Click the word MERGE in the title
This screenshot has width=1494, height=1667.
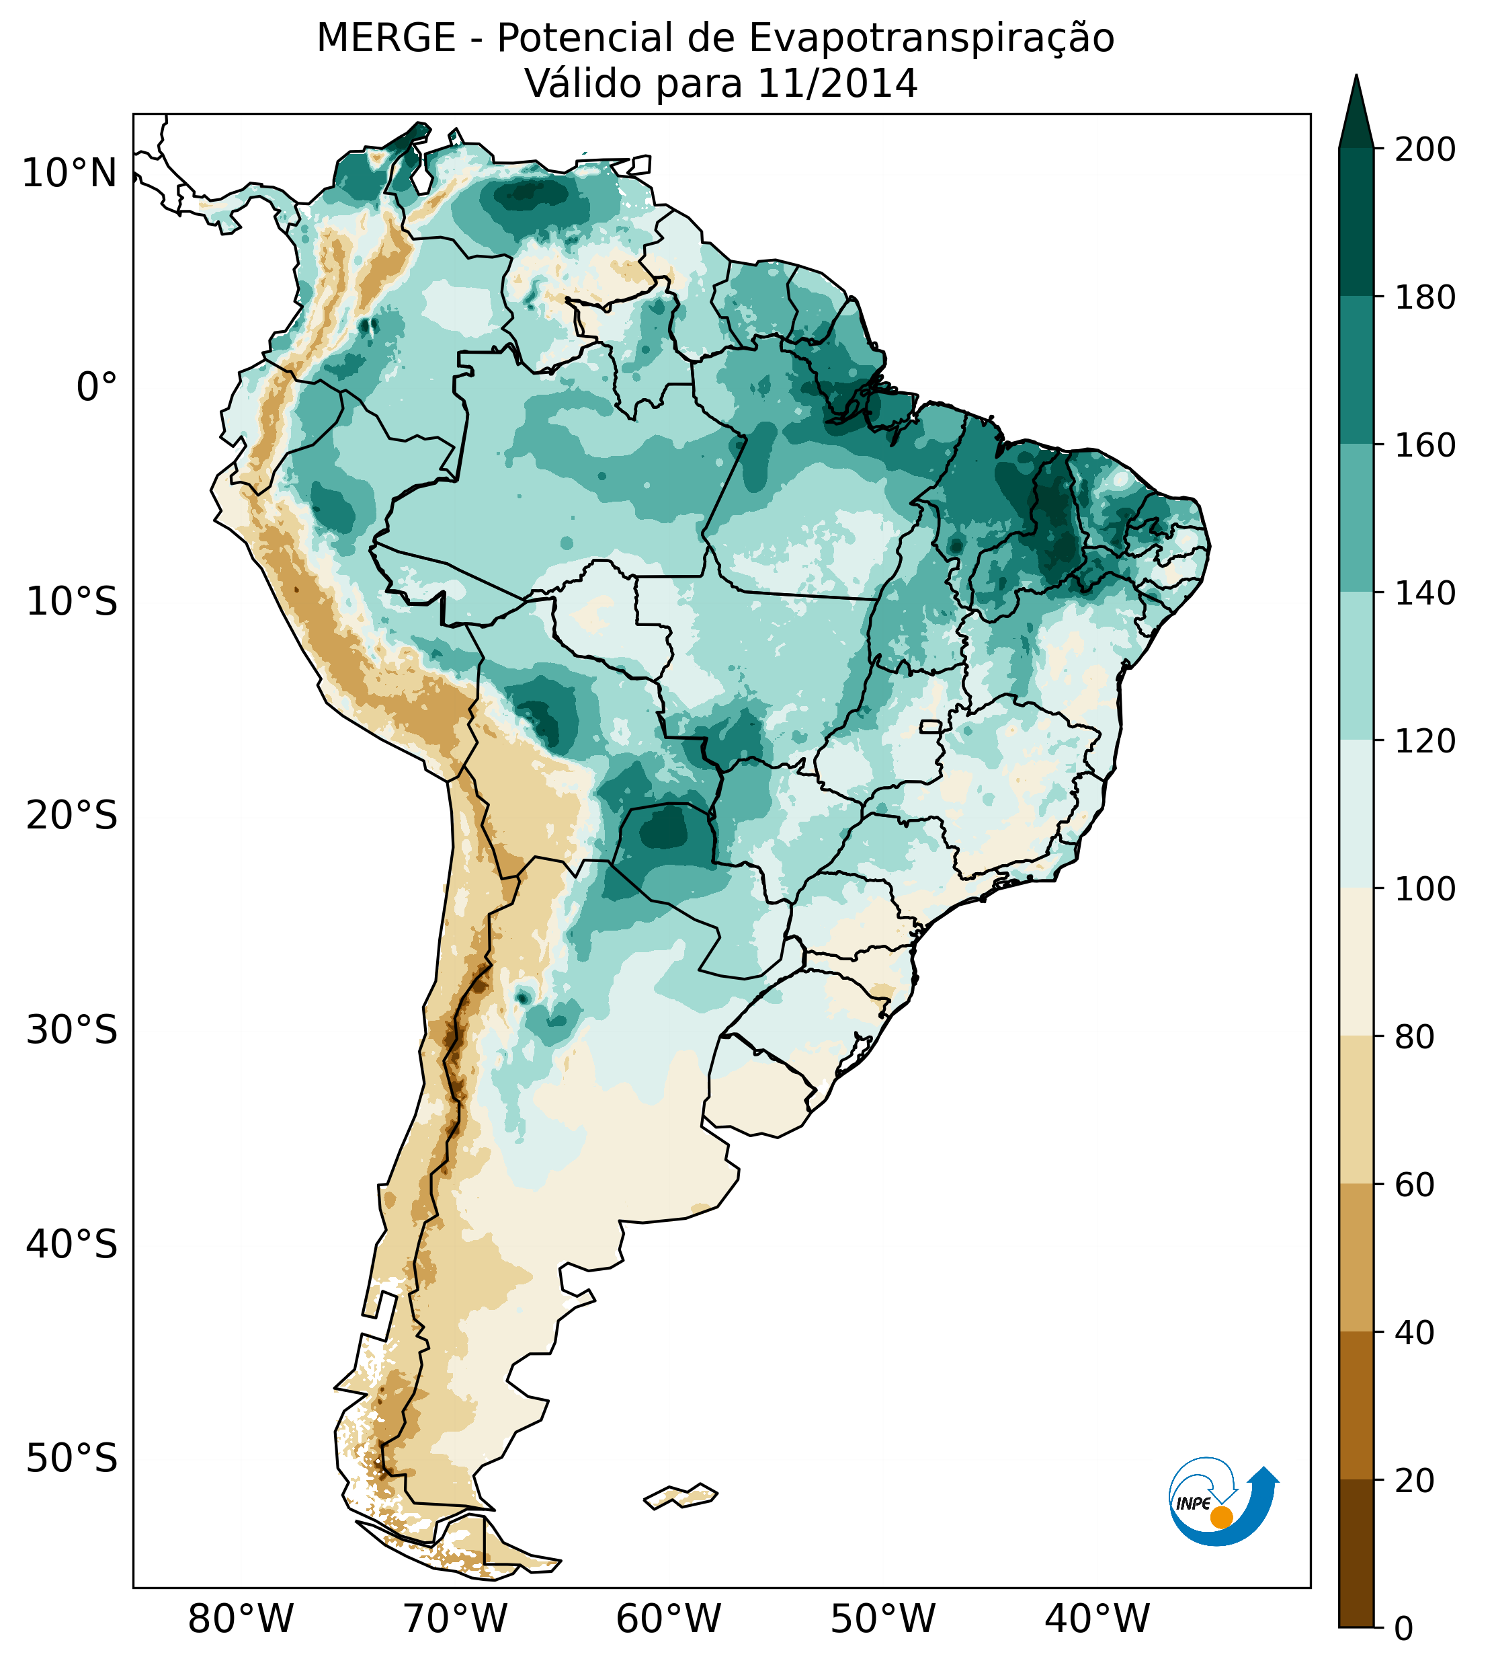(386, 38)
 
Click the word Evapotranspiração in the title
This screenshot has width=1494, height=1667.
(931, 38)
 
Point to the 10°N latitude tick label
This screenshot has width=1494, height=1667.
(70, 173)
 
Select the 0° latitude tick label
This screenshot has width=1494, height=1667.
(97, 387)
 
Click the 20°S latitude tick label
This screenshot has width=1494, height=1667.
(72, 816)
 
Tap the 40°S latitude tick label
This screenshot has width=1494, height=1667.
(72, 1245)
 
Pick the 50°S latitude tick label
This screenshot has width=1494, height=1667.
(72, 1459)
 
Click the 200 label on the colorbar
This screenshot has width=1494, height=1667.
(1425, 149)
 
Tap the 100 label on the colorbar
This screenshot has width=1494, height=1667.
(1425, 888)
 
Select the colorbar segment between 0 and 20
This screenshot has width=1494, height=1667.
(1356, 1553)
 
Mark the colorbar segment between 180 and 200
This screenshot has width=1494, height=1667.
(1356, 222)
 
